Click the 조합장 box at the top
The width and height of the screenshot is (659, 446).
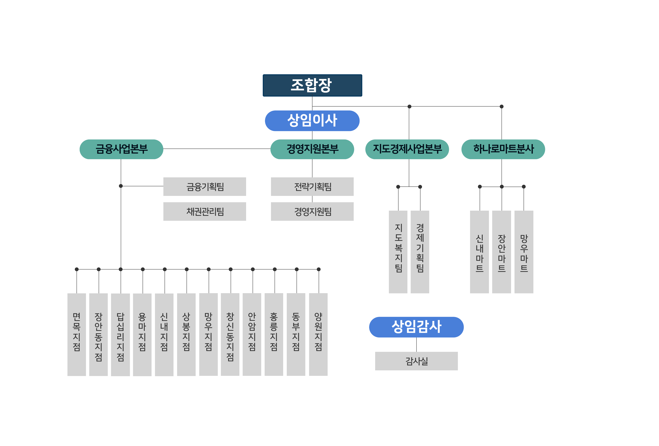312,85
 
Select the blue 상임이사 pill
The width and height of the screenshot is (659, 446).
312,121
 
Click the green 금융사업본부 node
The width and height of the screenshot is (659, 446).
121,149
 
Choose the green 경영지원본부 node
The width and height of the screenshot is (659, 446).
312,149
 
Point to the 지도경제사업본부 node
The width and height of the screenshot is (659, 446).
407,149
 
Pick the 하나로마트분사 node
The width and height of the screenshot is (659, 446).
503,149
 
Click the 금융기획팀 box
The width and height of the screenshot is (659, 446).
205,186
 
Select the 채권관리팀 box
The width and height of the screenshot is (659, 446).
205,211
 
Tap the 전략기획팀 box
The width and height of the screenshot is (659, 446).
312,186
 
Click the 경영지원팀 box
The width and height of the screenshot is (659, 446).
312,211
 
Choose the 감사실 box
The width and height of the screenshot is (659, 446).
416,361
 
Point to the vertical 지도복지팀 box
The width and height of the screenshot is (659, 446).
398,252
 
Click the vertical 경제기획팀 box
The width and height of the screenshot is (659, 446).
420,252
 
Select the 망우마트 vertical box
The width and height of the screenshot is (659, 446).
524,252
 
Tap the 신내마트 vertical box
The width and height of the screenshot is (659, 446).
479,252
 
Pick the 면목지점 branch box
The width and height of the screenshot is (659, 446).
77,334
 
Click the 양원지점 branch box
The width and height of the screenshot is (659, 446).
318,334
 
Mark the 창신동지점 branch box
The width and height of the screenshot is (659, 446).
230,334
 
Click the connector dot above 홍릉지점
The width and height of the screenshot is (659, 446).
274,269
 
